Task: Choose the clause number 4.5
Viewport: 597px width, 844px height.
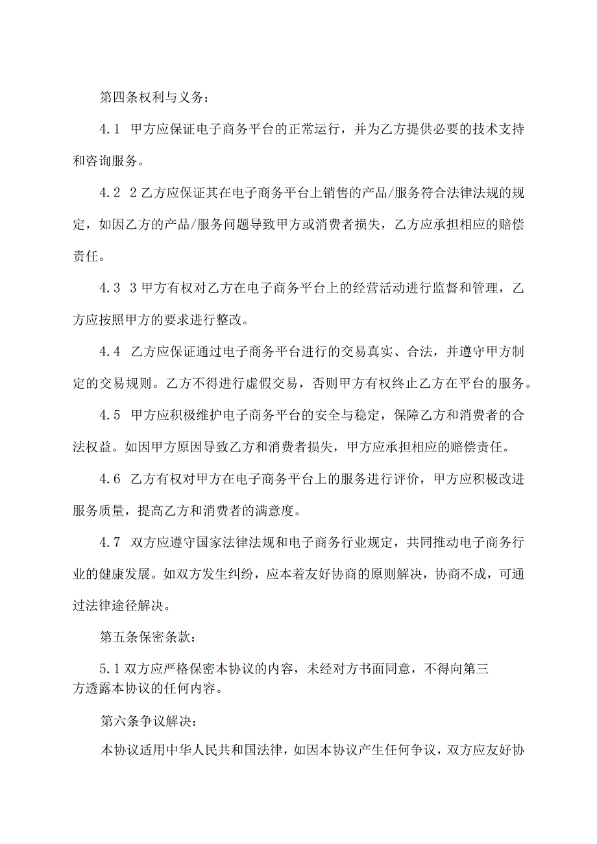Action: coord(110,415)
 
